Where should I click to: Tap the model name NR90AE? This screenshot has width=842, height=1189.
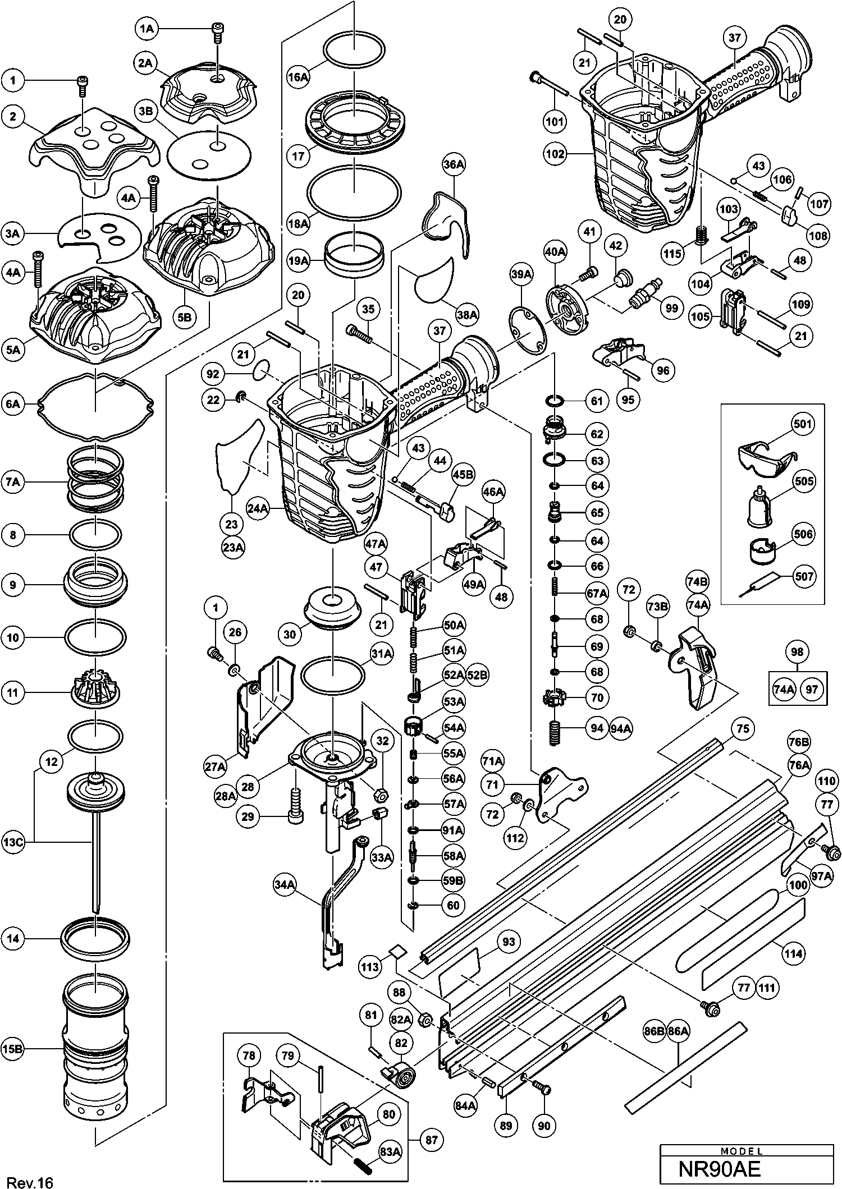tap(719, 1169)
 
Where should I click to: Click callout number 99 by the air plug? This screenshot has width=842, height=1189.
tap(671, 308)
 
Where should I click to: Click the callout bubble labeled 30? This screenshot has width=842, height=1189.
tap(290, 634)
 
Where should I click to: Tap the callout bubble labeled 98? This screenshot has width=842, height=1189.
tap(797, 652)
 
